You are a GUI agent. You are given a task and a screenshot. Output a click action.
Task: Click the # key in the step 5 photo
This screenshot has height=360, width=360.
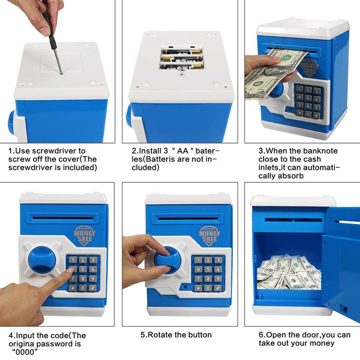tap(217, 288)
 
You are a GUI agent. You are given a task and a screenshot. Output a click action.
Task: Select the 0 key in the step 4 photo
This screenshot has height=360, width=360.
tap(82, 288)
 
